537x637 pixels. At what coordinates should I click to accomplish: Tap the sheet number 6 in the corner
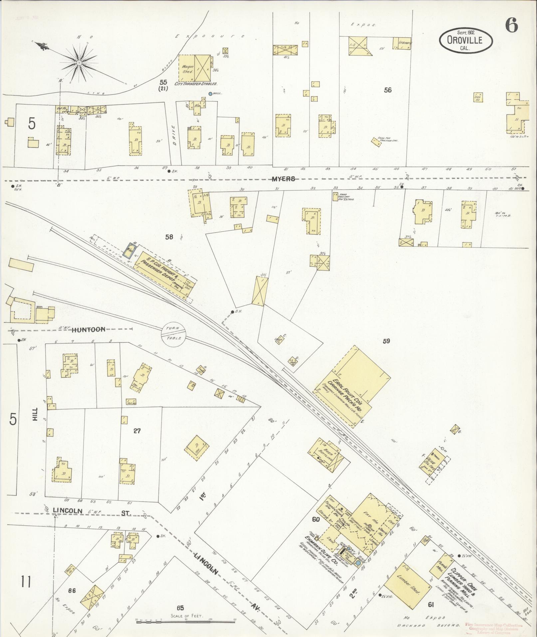(511, 25)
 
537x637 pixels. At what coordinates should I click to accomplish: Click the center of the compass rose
(79, 63)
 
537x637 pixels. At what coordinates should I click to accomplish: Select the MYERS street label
(283, 179)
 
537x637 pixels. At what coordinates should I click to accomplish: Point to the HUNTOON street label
(89, 329)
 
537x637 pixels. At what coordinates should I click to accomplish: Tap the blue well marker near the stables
(210, 94)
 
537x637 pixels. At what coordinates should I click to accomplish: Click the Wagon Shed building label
(186, 69)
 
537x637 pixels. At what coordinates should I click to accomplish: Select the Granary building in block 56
(402, 44)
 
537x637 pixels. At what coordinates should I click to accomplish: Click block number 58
(169, 237)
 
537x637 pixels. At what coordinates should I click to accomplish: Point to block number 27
(137, 431)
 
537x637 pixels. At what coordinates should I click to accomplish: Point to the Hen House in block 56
(478, 97)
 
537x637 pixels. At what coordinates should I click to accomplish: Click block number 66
(72, 591)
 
